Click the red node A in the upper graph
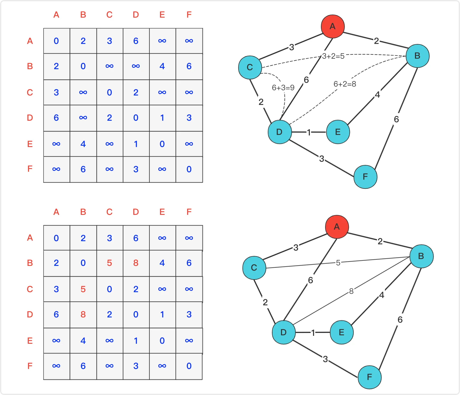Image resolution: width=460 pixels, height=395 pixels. point(332,26)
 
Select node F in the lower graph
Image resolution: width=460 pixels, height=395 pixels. point(369,377)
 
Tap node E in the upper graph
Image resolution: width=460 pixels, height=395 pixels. point(338,132)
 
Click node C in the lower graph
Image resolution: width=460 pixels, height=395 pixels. point(254,268)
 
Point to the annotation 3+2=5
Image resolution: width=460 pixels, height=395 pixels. point(333,56)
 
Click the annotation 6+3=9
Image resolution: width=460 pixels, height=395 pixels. point(283,88)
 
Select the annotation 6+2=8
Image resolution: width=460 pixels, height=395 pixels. point(345,84)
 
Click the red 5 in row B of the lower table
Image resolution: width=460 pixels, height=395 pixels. point(109,263)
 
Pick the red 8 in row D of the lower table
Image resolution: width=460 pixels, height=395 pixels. point(83,315)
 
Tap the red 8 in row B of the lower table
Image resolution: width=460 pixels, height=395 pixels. point(136,263)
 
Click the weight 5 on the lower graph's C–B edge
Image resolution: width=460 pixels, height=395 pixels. point(338,263)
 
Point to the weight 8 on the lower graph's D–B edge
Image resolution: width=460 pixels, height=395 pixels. point(351,291)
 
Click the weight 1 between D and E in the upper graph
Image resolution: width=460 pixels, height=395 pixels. point(309,132)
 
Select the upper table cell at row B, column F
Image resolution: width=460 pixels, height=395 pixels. point(189,66)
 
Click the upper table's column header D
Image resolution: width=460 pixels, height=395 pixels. point(136,15)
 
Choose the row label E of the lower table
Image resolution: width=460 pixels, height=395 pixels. point(30,341)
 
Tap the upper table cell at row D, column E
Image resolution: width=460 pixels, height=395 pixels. point(162,118)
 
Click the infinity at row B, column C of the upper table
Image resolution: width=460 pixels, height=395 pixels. point(109,66)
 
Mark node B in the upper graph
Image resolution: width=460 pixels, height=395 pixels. point(417,56)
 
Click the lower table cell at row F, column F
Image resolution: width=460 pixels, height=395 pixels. point(189,366)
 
